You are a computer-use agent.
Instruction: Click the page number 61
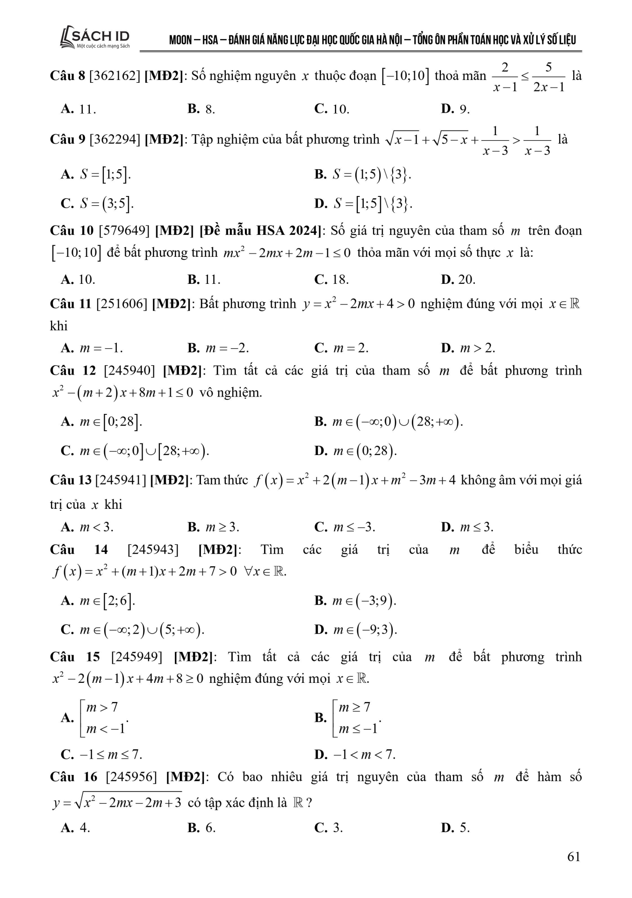tap(574, 856)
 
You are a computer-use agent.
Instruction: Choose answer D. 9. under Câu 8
tap(455, 109)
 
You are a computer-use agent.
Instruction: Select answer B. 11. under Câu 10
tap(204, 280)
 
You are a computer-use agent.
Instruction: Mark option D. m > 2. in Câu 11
tap(467, 348)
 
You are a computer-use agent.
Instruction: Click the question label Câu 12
tap(72, 371)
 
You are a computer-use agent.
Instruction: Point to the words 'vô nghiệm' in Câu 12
tap(230, 392)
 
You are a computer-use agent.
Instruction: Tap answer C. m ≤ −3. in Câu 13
tap(345, 527)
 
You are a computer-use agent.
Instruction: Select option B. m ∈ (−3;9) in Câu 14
tap(355, 601)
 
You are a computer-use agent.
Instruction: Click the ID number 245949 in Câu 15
tap(136, 657)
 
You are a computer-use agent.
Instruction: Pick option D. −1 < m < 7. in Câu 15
tap(355, 754)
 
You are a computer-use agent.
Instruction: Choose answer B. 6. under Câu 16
tap(201, 828)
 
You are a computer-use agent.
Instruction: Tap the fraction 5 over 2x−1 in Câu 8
tap(548, 77)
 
